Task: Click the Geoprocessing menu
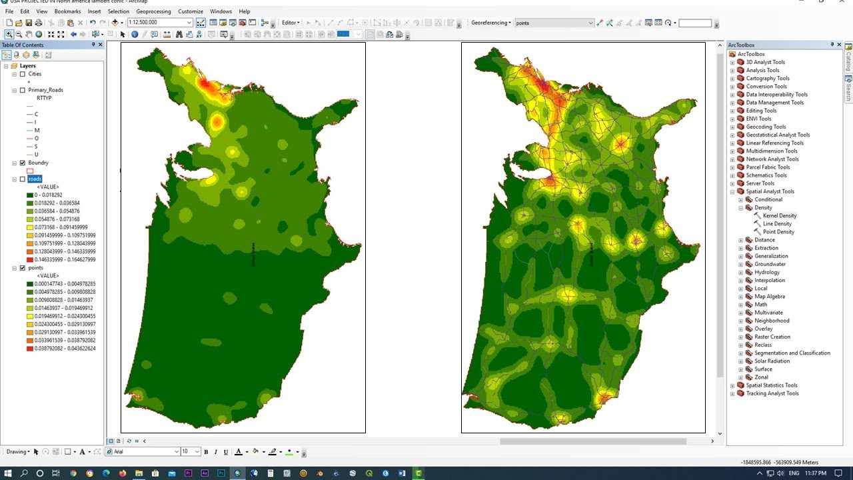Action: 153,11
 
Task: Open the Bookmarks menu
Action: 67,11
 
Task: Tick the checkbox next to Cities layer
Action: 23,74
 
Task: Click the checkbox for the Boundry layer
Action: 23,163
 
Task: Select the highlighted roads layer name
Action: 35,179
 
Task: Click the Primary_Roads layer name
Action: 45,90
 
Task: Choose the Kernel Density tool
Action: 779,215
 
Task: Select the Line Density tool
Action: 777,223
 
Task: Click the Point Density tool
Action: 778,231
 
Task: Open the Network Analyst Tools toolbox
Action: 772,159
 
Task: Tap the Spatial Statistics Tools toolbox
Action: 771,385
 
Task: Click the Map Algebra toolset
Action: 769,297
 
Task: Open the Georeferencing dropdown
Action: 491,23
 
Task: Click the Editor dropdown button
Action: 291,23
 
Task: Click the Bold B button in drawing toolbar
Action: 206,452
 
